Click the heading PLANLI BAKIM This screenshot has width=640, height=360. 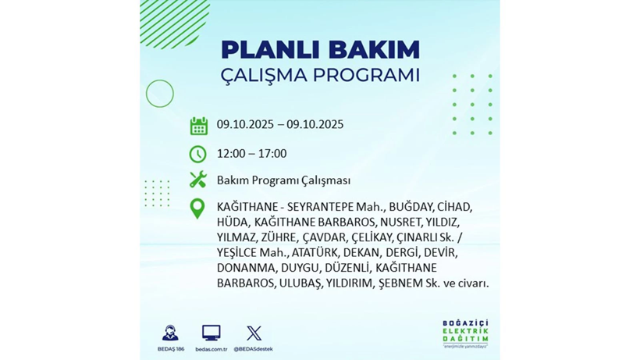pos(320,49)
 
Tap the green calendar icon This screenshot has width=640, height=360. pos(198,126)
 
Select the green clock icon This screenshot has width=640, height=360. pos(198,154)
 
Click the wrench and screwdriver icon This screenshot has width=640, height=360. pos(198,180)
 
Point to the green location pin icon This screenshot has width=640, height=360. pos(197,208)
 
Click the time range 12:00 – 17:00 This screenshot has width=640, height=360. pos(251,153)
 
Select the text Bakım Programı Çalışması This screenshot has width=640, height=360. pos(283,180)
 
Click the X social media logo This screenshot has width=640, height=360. pos(254,333)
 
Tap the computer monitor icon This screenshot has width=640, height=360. pos(211,333)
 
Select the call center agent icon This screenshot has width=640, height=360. pos(170,333)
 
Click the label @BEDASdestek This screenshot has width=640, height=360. pos(254,349)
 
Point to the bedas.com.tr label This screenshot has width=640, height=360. pos(211,349)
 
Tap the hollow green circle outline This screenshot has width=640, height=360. pos(159,94)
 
